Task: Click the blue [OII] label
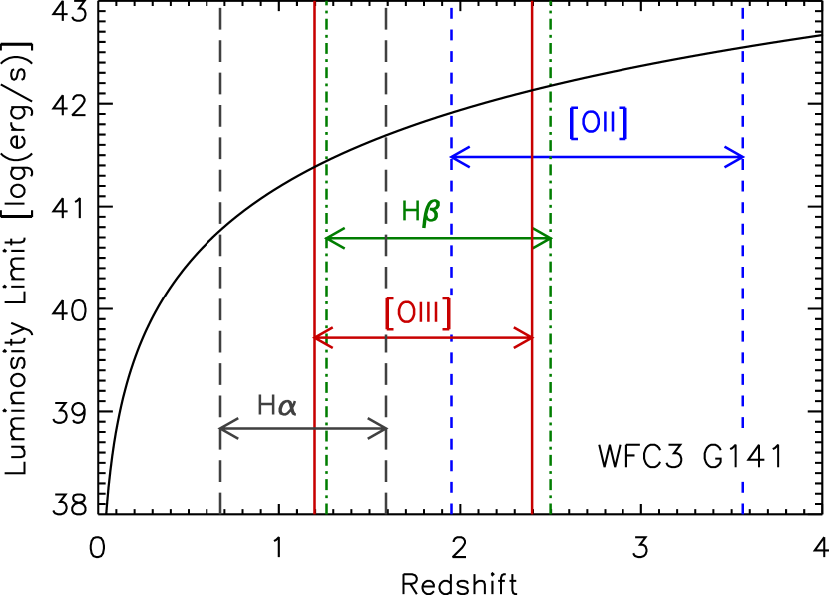pos(598,123)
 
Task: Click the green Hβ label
pos(420,212)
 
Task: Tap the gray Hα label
pos(276,405)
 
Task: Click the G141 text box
pos(737,456)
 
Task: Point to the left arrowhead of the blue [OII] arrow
pos(455,157)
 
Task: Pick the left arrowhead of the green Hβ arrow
pos(330,238)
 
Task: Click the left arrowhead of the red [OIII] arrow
pos(318,338)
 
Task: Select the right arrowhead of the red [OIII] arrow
pos(528,338)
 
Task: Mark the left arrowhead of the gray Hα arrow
pos(223,430)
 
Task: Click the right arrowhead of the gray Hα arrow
pos(382,430)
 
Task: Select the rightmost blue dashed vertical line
pos(742,299)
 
